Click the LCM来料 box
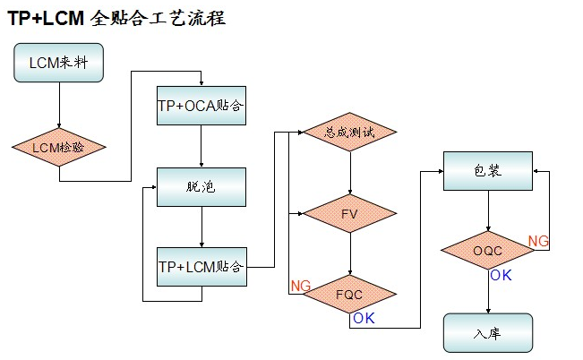(59, 64)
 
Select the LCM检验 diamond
(59, 146)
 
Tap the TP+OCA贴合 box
(201, 106)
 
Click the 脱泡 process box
(201, 186)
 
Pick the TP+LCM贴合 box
(201, 266)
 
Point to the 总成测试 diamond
(349, 133)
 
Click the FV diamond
(349, 213)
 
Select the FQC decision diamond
(349, 293)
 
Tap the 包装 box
(488, 170)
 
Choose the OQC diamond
(488, 251)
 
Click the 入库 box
(488, 332)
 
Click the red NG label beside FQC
(299, 286)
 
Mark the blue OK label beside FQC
(364, 318)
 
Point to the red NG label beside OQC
(538, 241)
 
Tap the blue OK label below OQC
(501, 275)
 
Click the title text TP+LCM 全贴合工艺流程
(116, 17)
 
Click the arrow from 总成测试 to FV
(349, 173)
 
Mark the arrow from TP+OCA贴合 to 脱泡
(201, 146)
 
